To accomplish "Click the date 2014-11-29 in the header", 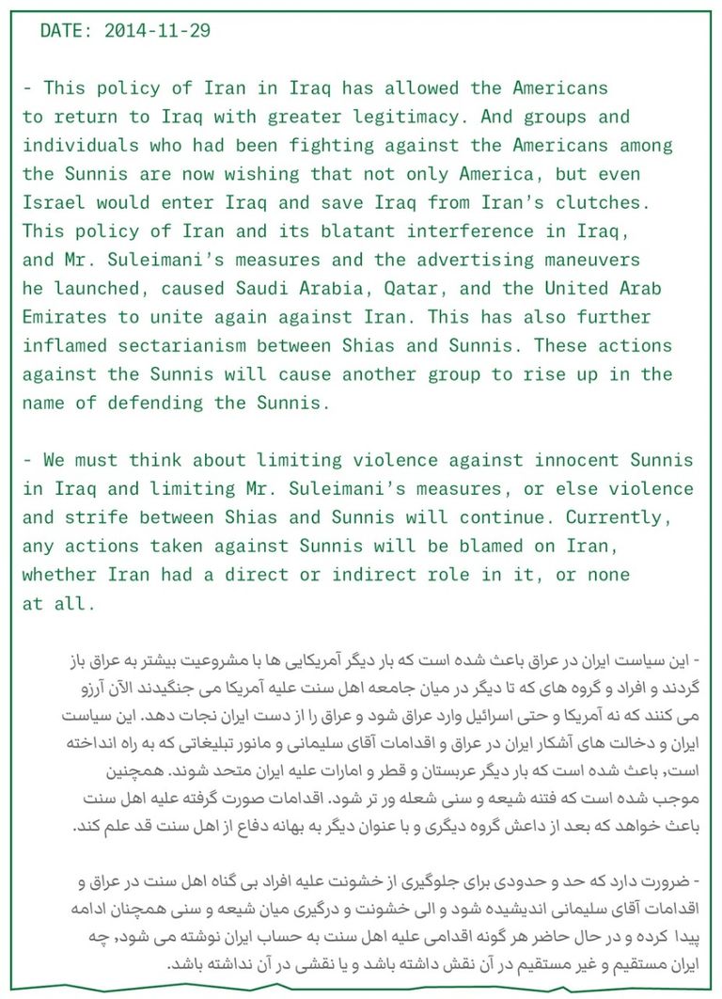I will (x=157, y=30).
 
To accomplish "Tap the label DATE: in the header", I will (x=67, y=30).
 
